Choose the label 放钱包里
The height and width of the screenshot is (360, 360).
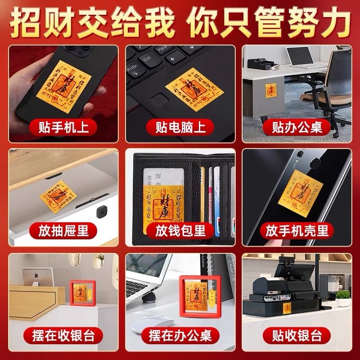[x=180, y=231]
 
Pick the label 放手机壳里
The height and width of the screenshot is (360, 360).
[x=297, y=231]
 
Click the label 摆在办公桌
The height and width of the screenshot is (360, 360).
[x=180, y=336]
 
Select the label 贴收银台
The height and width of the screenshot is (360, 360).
[x=297, y=336]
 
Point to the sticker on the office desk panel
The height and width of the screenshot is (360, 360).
[x=271, y=89]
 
